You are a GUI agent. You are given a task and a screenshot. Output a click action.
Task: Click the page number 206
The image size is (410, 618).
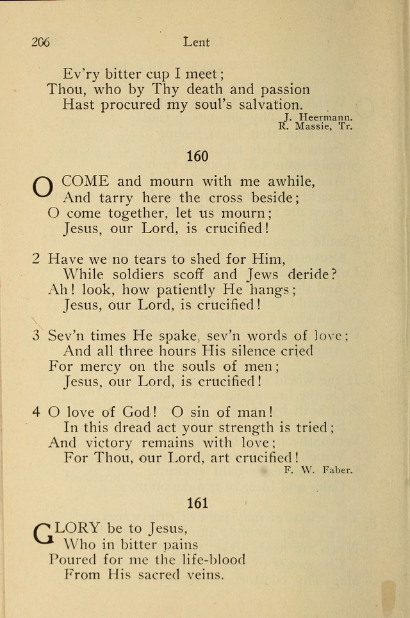(x=40, y=42)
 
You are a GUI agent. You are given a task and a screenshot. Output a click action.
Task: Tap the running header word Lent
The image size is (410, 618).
(x=196, y=42)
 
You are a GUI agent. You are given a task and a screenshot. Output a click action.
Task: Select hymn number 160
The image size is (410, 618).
(x=197, y=156)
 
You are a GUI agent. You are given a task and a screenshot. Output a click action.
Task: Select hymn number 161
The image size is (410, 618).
(x=197, y=503)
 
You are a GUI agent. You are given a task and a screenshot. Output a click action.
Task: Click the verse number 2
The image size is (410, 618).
(x=37, y=259)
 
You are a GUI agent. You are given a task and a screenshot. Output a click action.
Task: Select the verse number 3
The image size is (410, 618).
(x=37, y=335)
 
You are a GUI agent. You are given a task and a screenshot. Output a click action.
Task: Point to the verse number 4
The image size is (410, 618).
(x=37, y=412)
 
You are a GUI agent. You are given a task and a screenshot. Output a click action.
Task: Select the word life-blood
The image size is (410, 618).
(x=209, y=559)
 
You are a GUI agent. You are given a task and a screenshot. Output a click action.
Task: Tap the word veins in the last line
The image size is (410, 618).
(x=202, y=574)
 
